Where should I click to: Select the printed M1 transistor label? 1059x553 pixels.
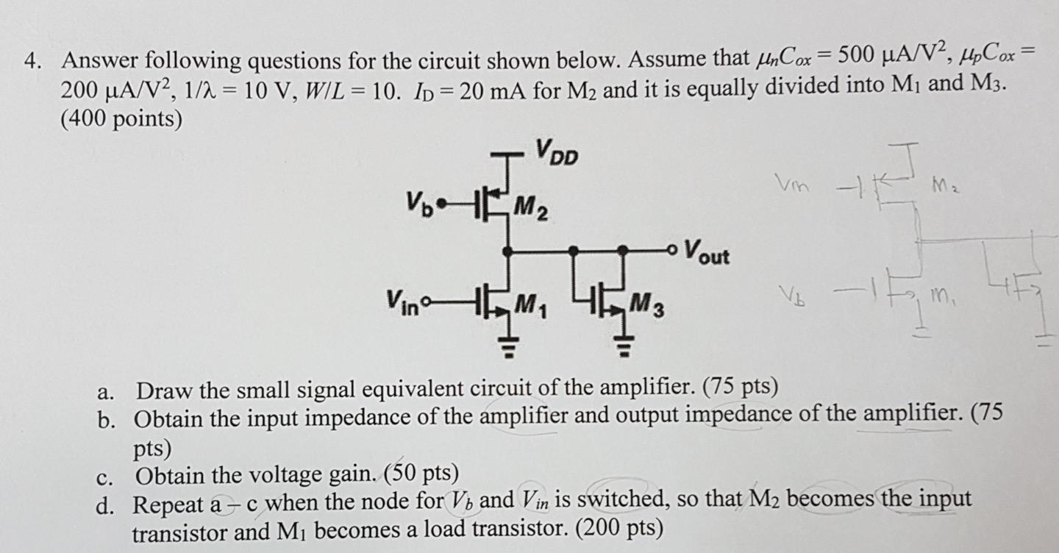point(529,302)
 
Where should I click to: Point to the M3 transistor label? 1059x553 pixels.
point(650,304)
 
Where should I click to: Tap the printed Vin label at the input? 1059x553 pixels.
point(399,302)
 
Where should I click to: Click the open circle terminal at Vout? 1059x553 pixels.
point(672,250)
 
